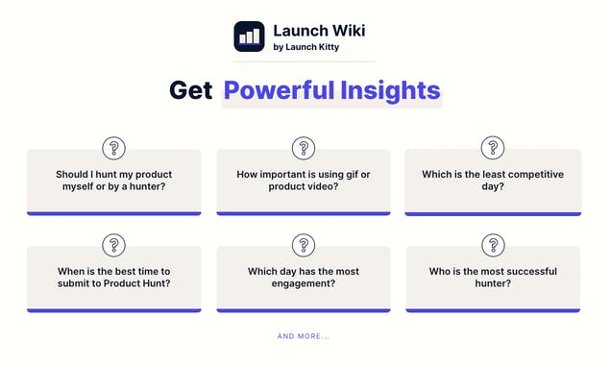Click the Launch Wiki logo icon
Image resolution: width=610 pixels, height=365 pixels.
click(249, 36)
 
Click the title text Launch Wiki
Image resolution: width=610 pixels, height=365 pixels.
click(319, 30)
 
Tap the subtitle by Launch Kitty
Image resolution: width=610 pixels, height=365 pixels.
click(305, 46)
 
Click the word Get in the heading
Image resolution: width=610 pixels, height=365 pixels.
click(190, 91)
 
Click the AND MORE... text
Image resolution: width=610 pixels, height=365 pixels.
click(304, 336)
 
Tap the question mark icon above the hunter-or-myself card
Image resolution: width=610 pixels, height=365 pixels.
click(114, 148)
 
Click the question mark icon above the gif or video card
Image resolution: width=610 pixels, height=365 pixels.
click(304, 148)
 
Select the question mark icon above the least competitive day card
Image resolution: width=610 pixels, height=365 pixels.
click(493, 148)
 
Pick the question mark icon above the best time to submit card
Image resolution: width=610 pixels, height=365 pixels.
click(114, 245)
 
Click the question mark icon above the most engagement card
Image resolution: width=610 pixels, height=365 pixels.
click(304, 245)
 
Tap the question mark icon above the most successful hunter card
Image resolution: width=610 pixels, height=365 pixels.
click(493, 245)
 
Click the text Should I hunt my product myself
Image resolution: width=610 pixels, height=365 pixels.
click(114, 180)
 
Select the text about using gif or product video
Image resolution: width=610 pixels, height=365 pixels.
click(304, 180)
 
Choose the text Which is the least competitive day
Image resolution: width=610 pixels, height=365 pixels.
click(493, 180)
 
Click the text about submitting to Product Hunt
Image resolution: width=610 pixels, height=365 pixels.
click(114, 277)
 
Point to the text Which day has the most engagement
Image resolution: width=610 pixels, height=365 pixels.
click(304, 277)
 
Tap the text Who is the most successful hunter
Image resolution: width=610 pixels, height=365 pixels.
click(493, 277)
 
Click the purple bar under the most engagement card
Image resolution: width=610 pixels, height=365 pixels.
click(304, 310)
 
